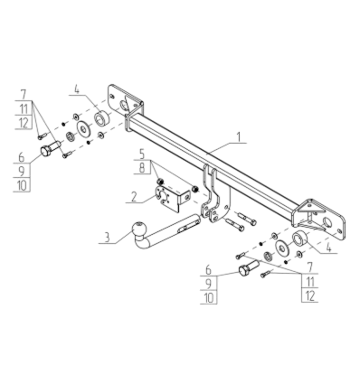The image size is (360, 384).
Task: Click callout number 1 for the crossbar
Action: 239,137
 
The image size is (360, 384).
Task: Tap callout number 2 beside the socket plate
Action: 134,197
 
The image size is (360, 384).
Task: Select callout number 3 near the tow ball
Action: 107,237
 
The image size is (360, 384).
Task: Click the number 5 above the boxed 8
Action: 142,154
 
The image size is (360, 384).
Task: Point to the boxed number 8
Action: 142,167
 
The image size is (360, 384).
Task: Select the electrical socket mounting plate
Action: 173,198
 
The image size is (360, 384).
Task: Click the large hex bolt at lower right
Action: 249,267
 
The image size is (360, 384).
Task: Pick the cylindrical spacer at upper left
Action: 101,118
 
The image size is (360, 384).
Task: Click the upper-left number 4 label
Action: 77,89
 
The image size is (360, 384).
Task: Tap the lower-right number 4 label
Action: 328,248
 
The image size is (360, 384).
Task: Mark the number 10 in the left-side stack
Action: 23,185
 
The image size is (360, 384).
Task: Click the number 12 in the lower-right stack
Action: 310,295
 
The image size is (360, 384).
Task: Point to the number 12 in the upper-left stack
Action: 24,123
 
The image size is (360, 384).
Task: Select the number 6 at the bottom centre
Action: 208,269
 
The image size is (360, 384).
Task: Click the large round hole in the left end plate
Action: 123,106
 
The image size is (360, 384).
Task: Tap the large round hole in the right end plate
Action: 327,222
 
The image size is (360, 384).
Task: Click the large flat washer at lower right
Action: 282,248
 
